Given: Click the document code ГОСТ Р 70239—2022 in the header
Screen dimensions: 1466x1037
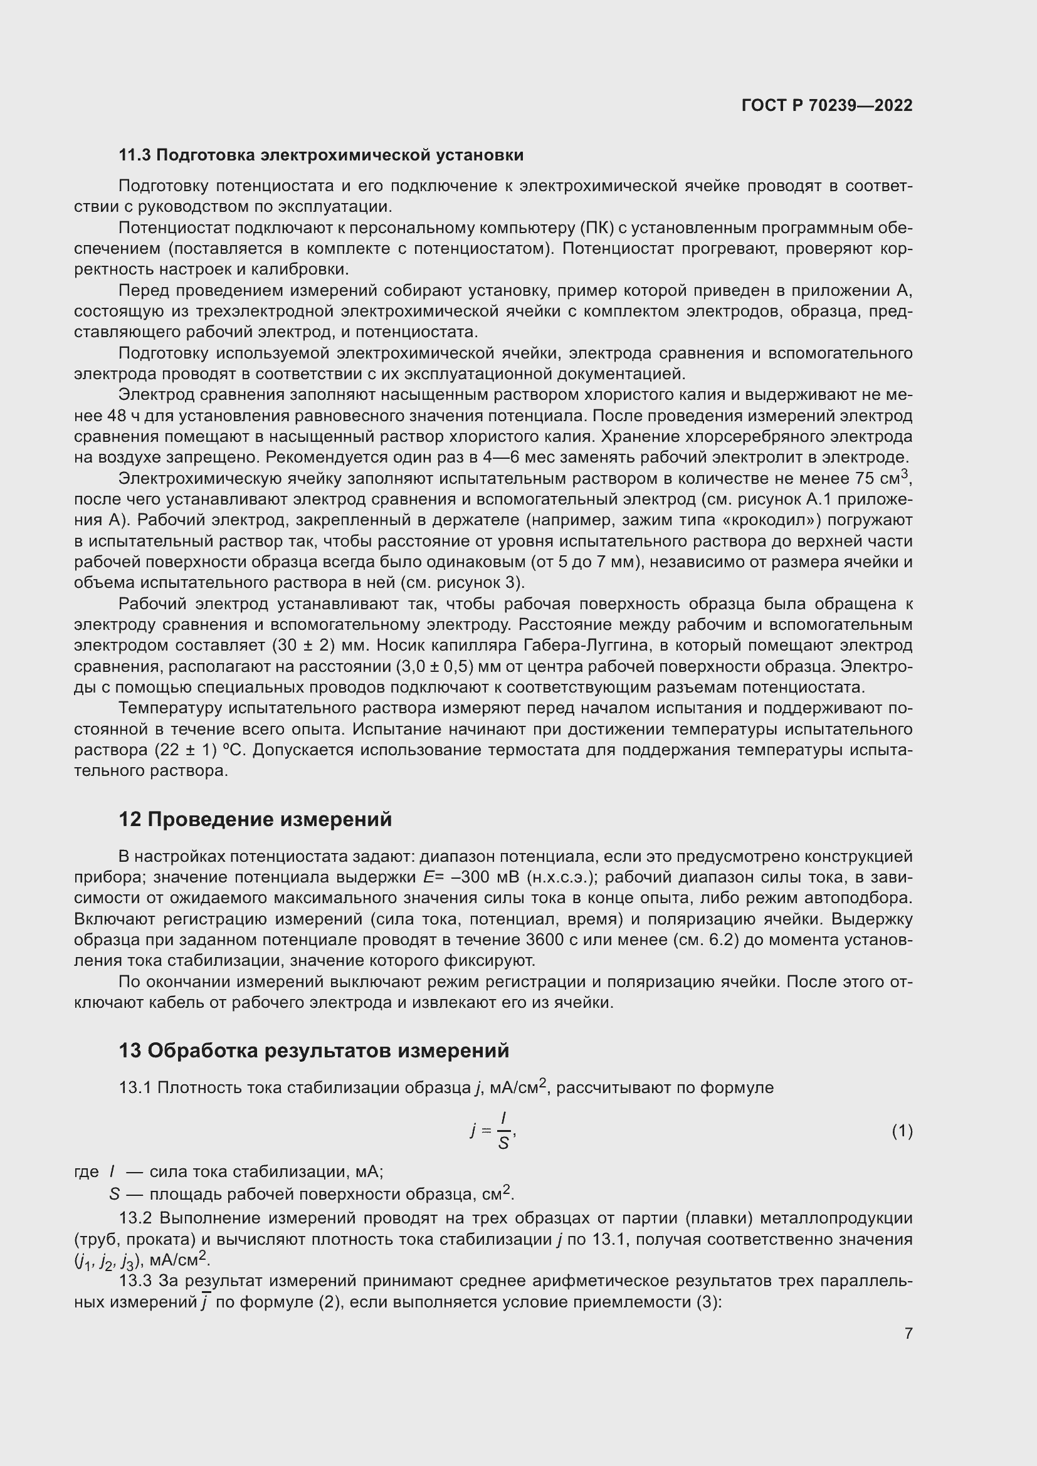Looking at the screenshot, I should [827, 105].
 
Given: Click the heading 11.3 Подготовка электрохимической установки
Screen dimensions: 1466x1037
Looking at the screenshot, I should [320, 155].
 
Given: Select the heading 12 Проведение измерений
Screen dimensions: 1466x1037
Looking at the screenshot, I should [255, 819].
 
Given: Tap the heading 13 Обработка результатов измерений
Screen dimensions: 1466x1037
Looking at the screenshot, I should [313, 1050].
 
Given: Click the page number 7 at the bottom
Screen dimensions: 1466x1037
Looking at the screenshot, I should [908, 1333].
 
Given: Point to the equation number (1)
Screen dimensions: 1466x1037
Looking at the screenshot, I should [902, 1131].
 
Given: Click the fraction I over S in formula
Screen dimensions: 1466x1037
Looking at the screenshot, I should [503, 1131].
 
